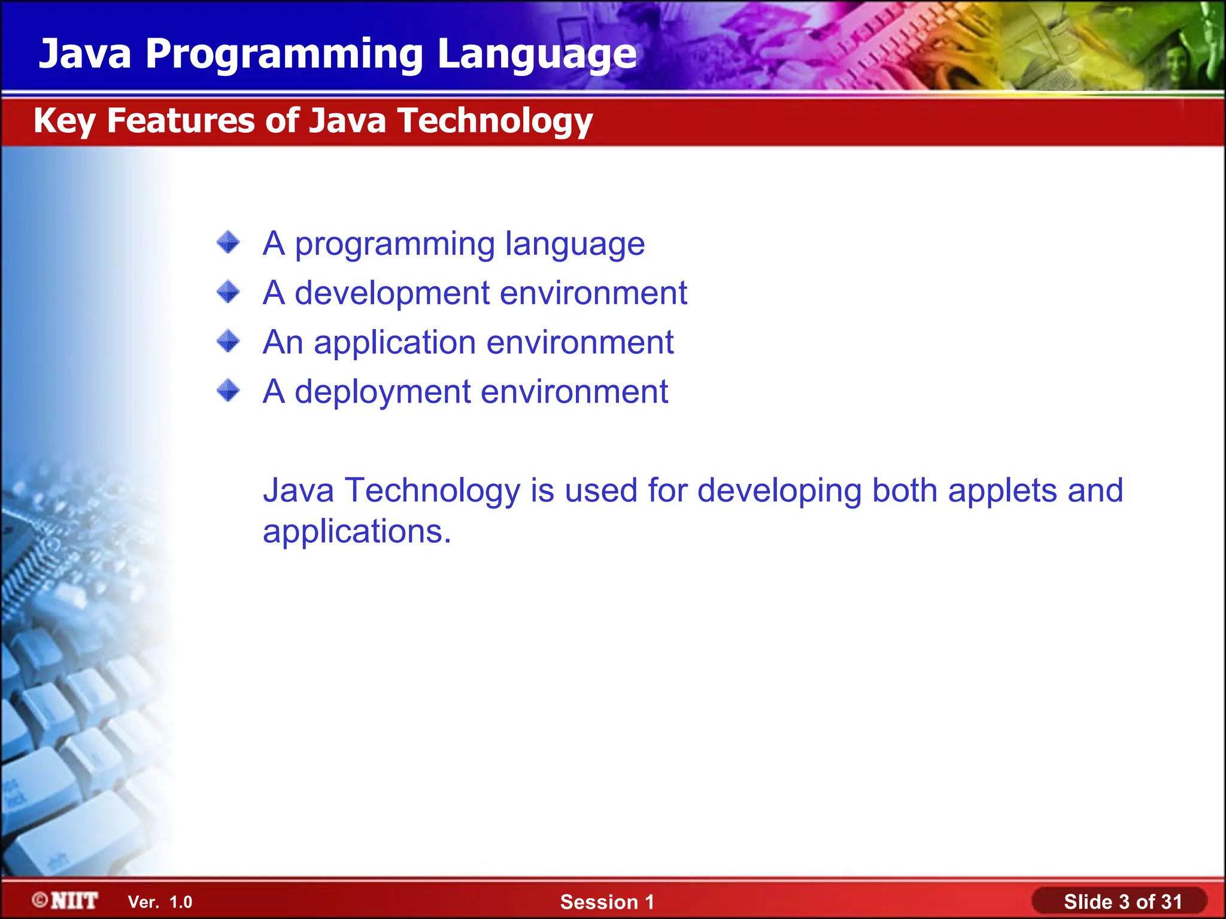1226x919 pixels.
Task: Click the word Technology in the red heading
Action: click(495, 121)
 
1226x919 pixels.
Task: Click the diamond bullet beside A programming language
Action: click(228, 243)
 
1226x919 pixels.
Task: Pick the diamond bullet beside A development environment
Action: click(228, 293)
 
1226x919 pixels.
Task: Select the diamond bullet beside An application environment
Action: click(228, 342)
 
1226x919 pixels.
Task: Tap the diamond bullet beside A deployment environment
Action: click(228, 391)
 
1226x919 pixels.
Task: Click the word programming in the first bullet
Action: click(394, 245)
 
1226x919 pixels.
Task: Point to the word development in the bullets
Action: click(392, 293)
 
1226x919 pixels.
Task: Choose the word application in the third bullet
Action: click(394, 343)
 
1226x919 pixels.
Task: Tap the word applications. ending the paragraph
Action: click(357, 531)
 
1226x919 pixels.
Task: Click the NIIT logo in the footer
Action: click(74, 900)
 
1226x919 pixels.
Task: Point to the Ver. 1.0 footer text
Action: click(160, 902)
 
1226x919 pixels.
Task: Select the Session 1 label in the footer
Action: click(607, 902)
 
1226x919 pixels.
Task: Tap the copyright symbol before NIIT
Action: click(40, 900)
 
